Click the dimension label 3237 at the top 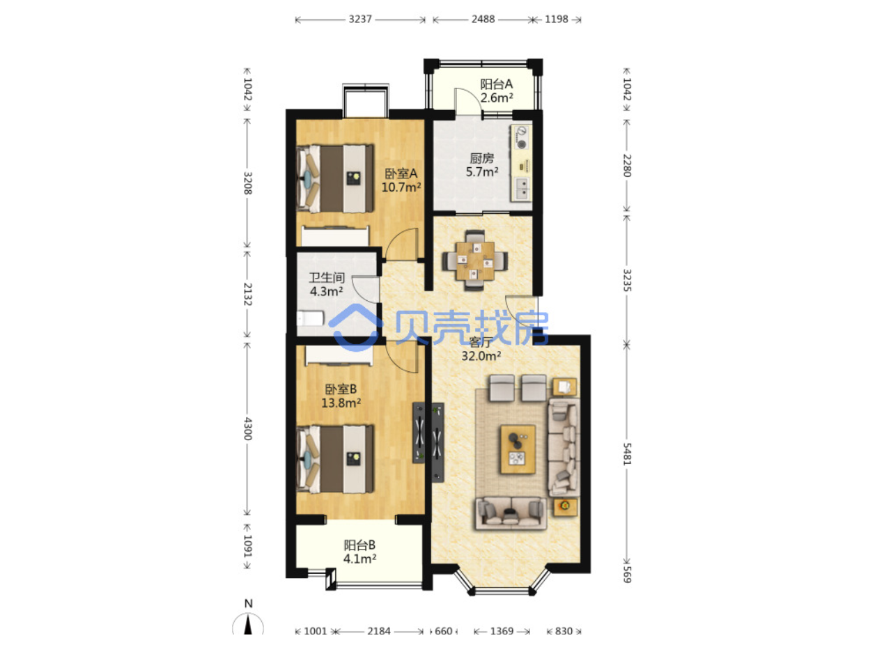(359, 19)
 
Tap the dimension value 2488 (483, 19)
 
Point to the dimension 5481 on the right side (627, 454)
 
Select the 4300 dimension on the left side (247, 428)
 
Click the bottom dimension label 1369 (502, 631)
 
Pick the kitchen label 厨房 (481, 158)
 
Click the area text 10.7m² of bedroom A (401, 187)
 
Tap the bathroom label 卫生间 (327, 277)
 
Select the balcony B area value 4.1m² (359, 559)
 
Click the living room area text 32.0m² (481, 355)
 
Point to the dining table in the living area (474, 260)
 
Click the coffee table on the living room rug (518, 449)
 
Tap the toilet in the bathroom (310, 318)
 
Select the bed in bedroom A (335, 178)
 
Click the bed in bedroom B (335, 459)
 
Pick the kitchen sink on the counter (522, 189)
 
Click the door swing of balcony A (469, 102)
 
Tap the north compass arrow (248, 624)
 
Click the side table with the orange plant (565, 507)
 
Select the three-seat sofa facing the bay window (511, 513)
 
